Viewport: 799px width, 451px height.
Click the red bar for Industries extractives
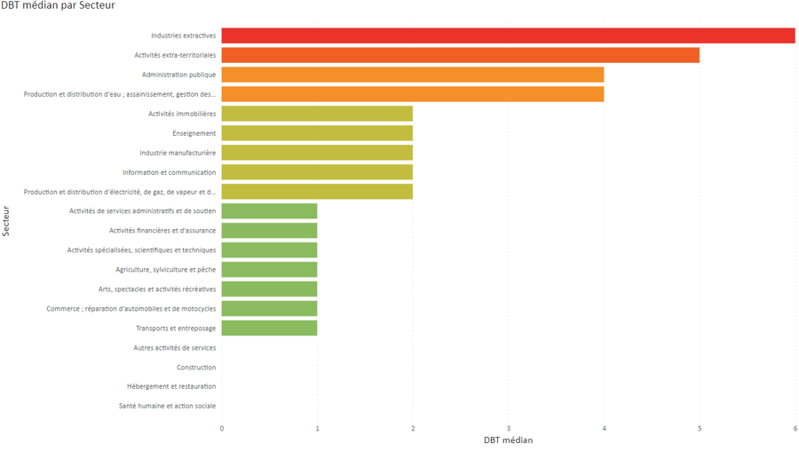click(x=508, y=36)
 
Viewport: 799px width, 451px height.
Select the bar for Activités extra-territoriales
click(x=460, y=55)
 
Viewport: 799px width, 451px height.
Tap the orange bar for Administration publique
click(x=412, y=75)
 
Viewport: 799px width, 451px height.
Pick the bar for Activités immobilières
click(x=317, y=114)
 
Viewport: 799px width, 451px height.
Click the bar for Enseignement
click(x=317, y=133)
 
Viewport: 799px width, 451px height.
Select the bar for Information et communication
click(x=317, y=172)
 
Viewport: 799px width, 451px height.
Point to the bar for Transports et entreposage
click(x=269, y=328)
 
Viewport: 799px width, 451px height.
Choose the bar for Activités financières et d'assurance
click(x=269, y=231)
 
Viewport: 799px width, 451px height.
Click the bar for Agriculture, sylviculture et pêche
click(x=269, y=270)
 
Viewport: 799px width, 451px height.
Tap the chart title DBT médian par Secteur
click(x=58, y=6)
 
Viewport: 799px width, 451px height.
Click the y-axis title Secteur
click(x=7, y=221)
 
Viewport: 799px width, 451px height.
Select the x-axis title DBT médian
click(x=508, y=440)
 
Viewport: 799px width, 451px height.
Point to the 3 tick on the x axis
click(x=509, y=429)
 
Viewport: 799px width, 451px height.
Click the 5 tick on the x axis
click(x=700, y=429)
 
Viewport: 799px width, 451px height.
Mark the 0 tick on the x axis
click(x=222, y=429)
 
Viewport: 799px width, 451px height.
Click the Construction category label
click(x=196, y=368)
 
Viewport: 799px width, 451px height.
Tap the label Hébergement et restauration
click(x=171, y=387)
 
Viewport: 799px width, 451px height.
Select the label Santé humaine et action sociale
click(x=167, y=407)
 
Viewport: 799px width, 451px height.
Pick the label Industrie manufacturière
click(x=178, y=153)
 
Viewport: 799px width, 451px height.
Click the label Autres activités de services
click(x=174, y=348)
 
